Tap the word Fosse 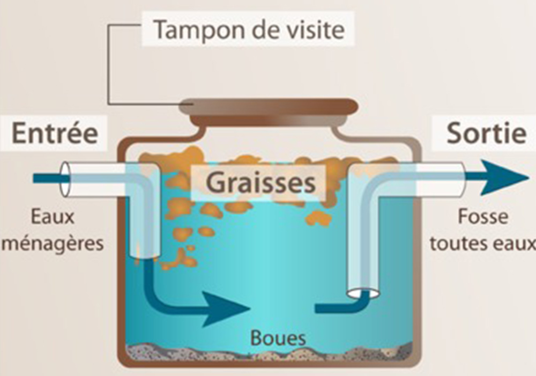tap(481, 218)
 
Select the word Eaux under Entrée tap(53, 218)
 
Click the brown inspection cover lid tap(268, 107)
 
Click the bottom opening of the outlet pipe tap(363, 293)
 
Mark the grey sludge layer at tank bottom tap(268, 353)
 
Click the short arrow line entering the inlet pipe tap(46, 178)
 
